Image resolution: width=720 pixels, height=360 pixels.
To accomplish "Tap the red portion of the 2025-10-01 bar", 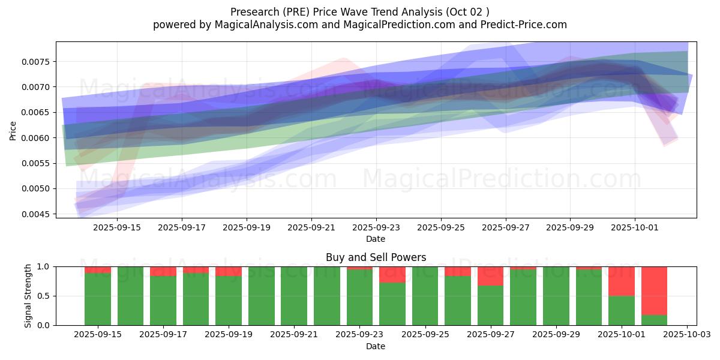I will tap(621, 281).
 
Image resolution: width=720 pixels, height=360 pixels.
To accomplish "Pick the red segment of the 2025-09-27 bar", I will tap(490, 276).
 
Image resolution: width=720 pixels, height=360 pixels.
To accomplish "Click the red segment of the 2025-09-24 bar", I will tap(392, 274).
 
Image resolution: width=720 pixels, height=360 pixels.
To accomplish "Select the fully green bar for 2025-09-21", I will tap(294, 296).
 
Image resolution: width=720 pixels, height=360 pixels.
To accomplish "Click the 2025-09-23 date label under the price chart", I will tap(376, 227).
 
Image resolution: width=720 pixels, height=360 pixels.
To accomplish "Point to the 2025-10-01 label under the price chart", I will tap(635, 227).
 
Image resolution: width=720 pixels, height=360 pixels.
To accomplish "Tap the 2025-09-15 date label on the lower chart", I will tap(98, 334).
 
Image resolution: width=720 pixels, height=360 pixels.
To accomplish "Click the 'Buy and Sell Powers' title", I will tap(376, 257).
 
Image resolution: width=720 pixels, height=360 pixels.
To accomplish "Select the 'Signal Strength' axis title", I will tap(28, 296).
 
